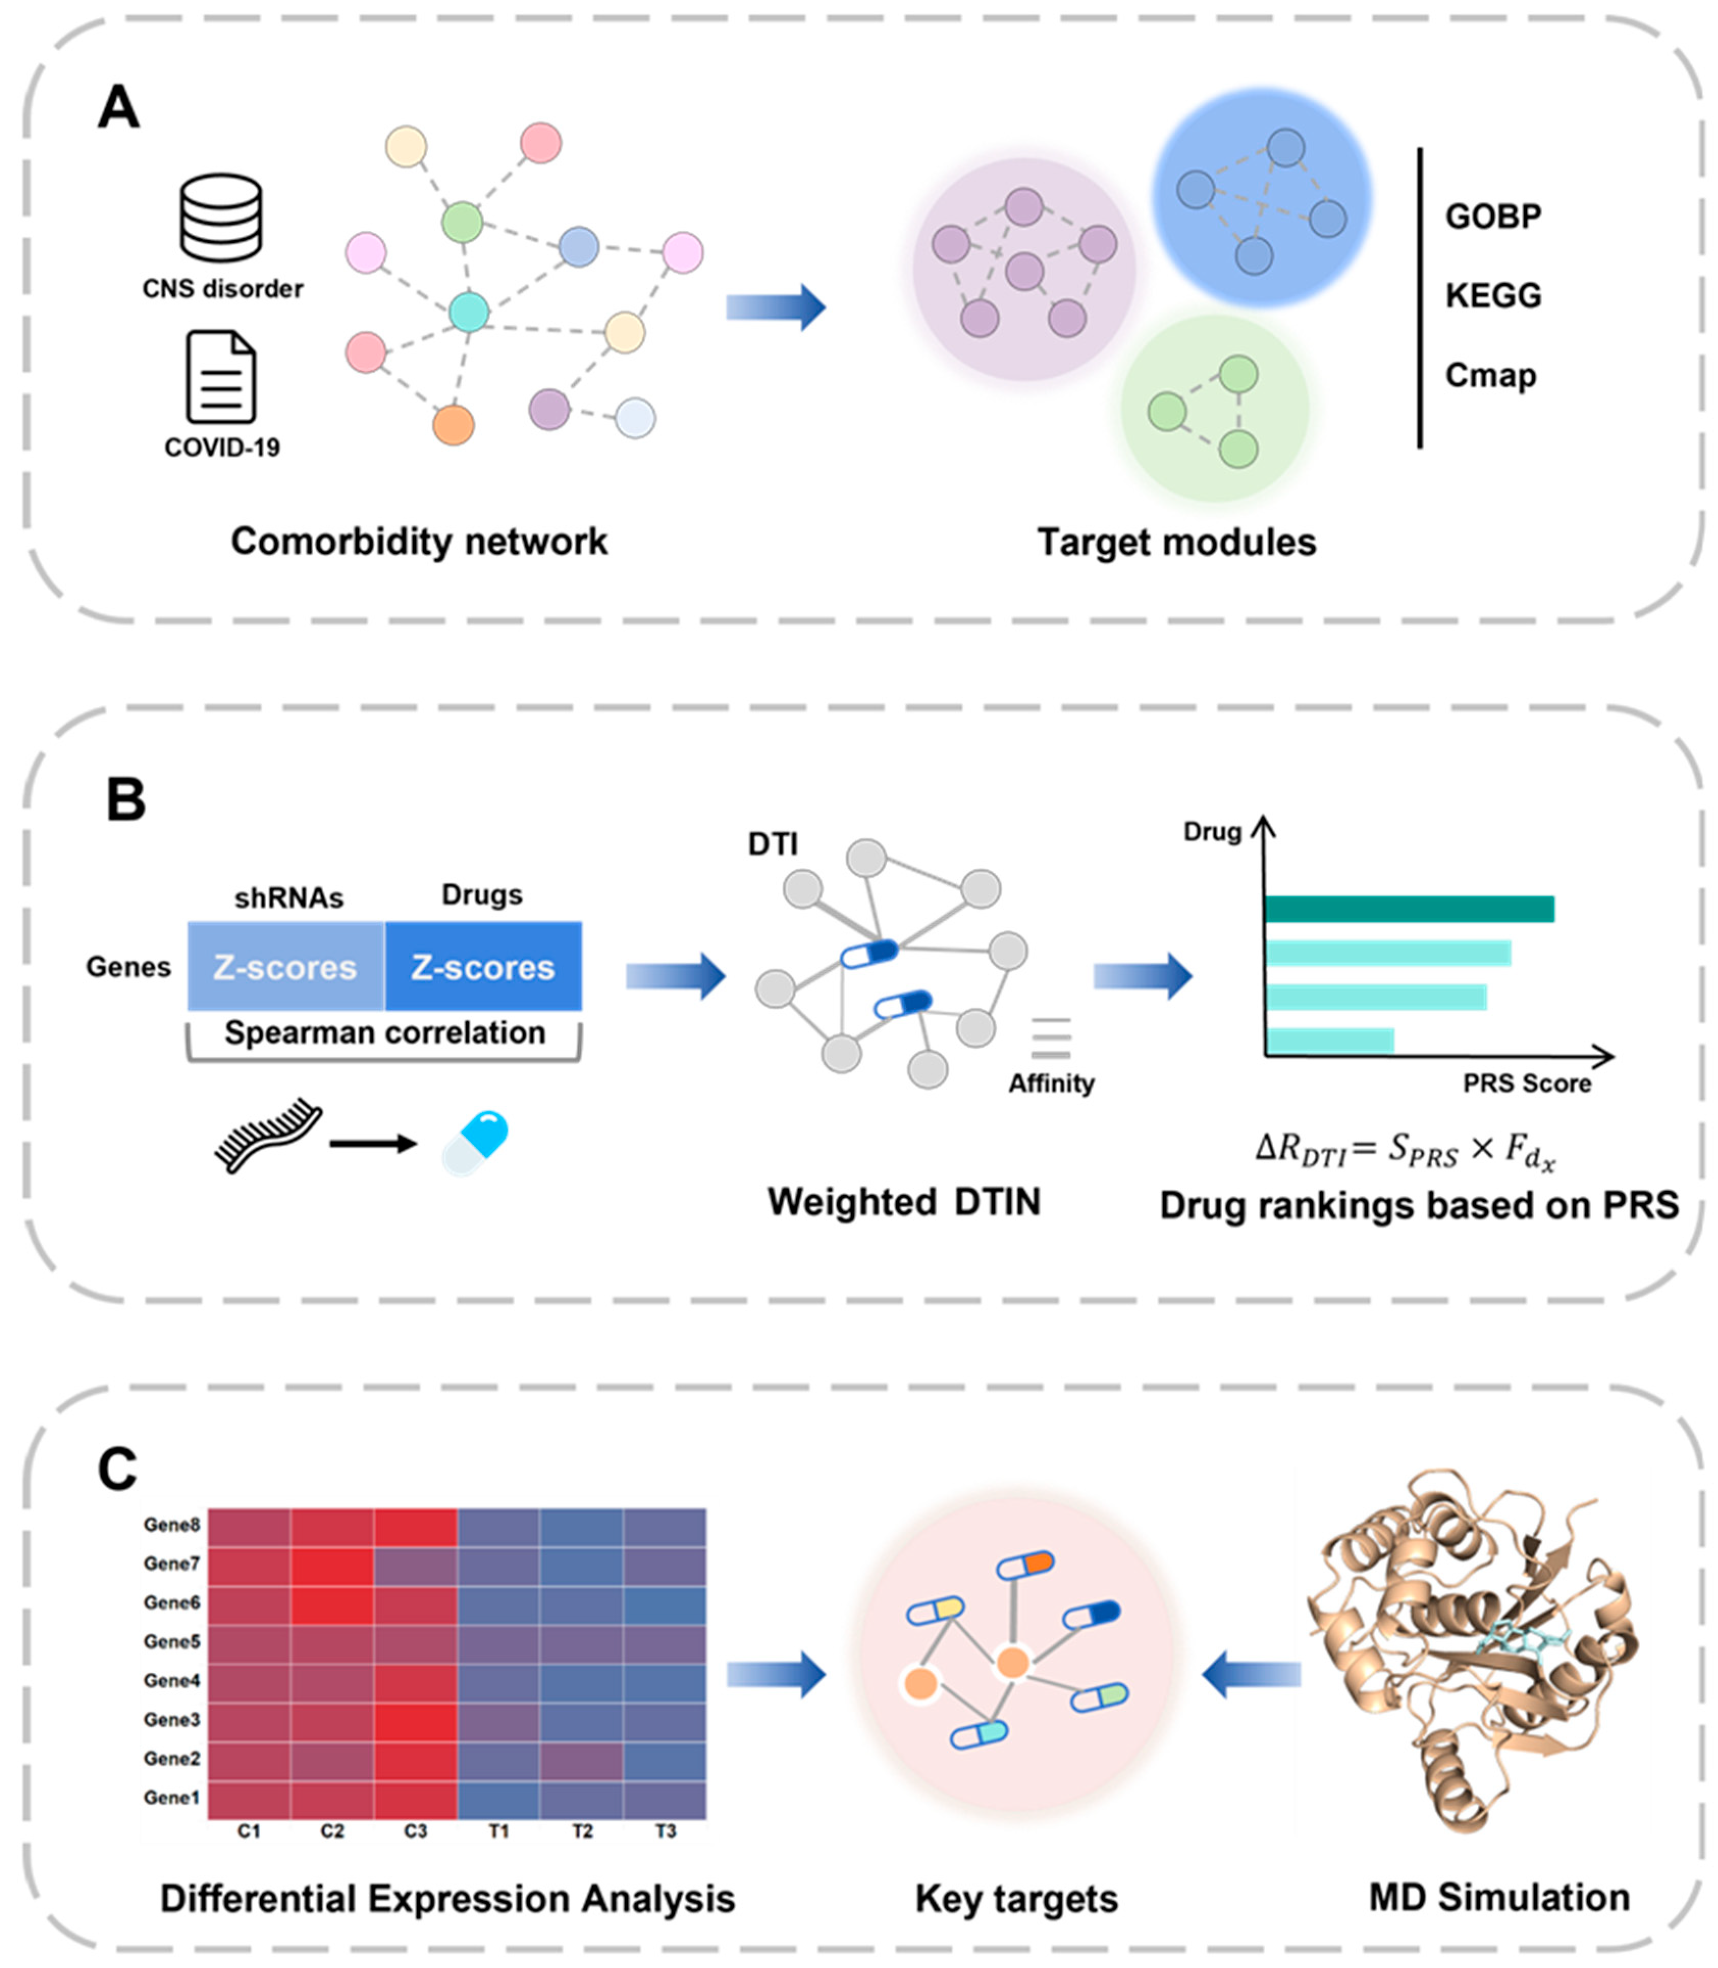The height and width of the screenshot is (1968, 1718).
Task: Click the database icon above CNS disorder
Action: (222, 218)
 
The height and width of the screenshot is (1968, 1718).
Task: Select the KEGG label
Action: (1493, 295)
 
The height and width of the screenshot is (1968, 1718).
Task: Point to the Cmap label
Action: (1490, 375)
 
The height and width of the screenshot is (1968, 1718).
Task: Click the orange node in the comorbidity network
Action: (454, 424)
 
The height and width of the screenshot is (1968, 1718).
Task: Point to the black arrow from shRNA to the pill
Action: (373, 1143)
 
